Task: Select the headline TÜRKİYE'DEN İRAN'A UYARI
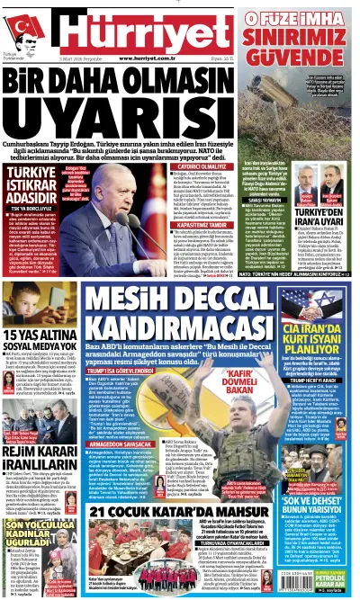pos(321,216)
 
